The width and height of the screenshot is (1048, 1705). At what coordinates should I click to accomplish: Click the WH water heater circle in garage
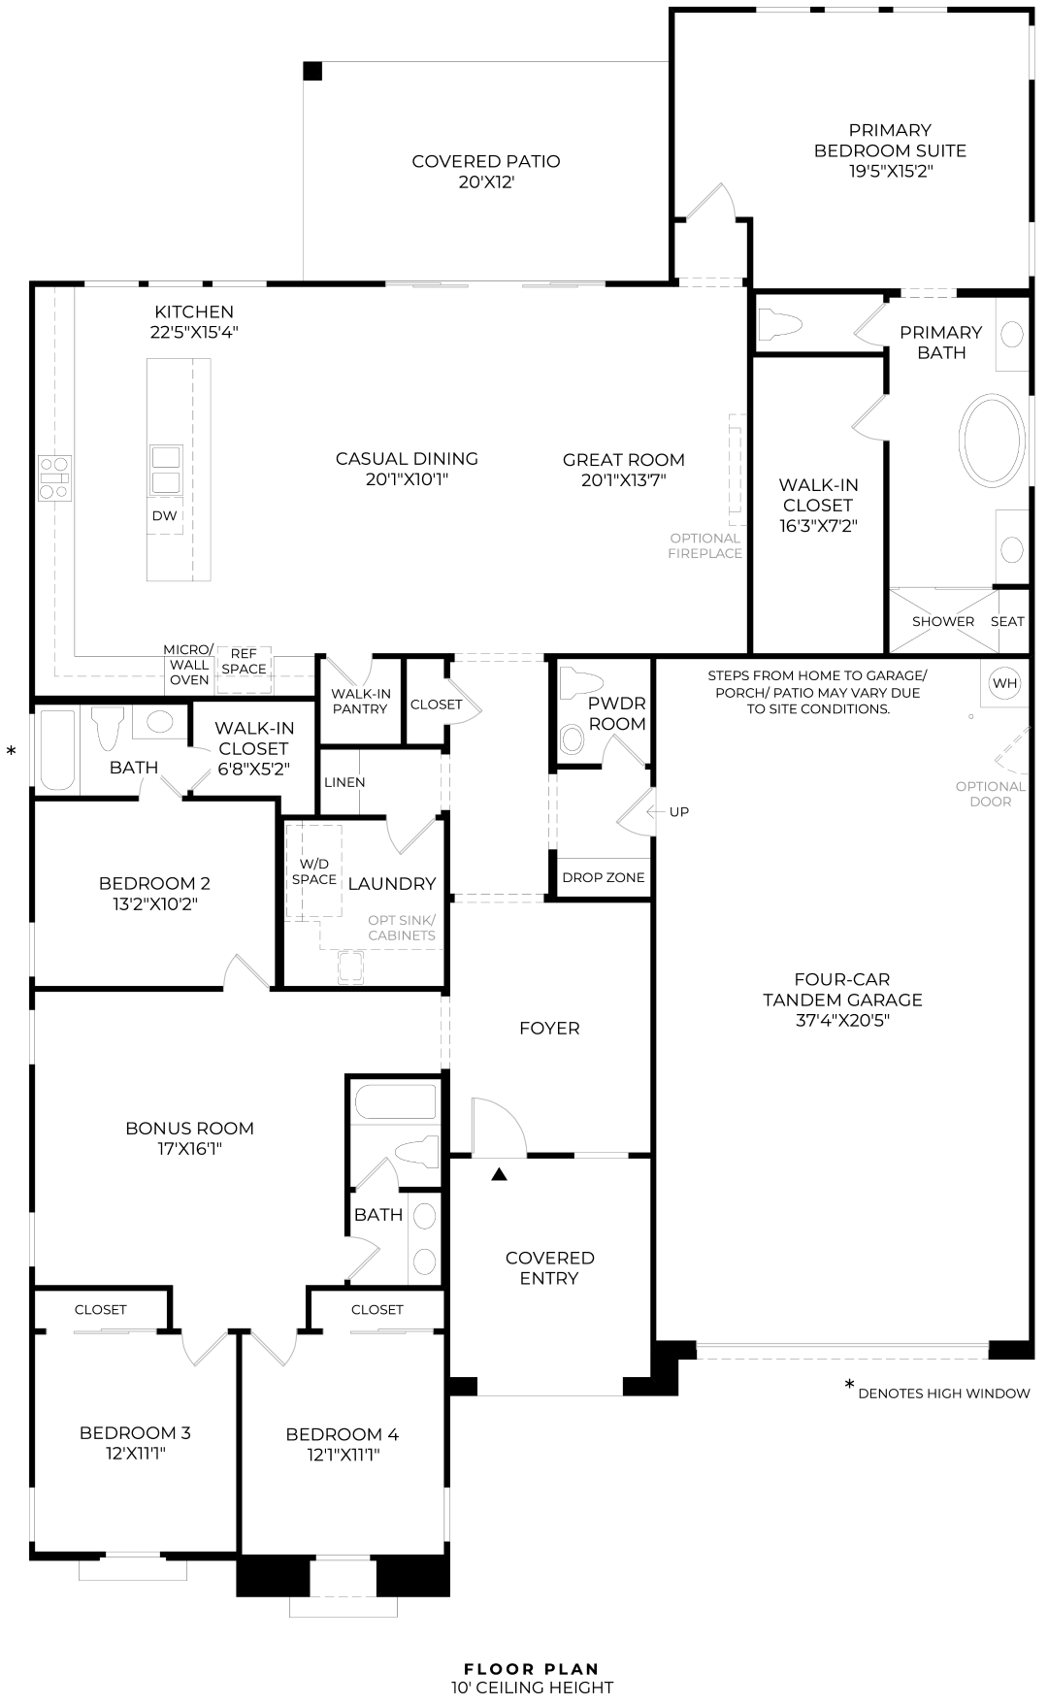(x=1004, y=683)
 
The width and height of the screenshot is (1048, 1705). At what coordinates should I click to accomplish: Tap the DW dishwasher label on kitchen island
(x=164, y=515)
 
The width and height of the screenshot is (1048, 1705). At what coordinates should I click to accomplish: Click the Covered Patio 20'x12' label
(x=485, y=171)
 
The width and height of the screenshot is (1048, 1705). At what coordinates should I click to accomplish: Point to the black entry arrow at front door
(x=499, y=1174)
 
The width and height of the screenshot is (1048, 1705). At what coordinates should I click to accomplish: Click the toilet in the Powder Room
(x=573, y=739)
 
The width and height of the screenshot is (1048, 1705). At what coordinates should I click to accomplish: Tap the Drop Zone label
(x=603, y=877)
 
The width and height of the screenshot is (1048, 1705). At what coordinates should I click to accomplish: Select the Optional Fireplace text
(x=705, y=545)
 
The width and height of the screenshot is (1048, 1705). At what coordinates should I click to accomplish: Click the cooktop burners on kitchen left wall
(x=54, y=477)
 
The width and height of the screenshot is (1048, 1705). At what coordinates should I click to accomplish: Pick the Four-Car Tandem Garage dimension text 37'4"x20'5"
(x=841, y=1020)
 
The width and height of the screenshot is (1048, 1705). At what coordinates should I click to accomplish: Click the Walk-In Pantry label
(x=360, y=701)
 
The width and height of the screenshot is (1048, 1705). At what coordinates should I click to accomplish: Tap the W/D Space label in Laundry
(x=314, y=871)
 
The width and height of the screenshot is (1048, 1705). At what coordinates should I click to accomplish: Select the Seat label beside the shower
(x=1007, y=621)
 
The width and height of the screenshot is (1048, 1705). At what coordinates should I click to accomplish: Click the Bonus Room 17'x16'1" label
(x=189, y=1138)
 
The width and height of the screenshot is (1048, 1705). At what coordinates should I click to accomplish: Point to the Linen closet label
(x=344, y=782)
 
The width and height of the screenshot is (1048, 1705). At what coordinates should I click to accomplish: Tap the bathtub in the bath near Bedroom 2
(x=57, y=751)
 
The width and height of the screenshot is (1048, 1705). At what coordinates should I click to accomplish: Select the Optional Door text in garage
(x=990, y=794)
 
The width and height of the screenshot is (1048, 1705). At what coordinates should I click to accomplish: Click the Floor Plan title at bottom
(x=531, y=1669)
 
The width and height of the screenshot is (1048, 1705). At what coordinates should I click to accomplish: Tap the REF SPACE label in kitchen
(x=244, y=662)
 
